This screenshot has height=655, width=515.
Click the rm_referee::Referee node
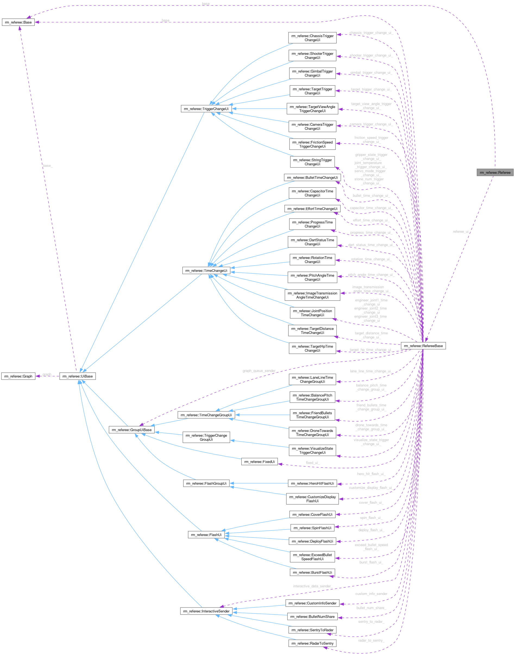coord(495,172)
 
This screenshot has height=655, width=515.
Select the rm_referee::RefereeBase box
coord(423,346)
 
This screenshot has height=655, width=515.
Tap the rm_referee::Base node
coord(18,22)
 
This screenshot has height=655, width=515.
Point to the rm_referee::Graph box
coord(18,376)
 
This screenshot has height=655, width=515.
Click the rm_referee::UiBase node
coord(77,376)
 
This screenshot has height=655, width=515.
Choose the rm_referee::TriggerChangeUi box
coord(206,109)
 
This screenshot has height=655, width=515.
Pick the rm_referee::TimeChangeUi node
coord(206,271)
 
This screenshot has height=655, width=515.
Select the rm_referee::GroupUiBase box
coord(132,430)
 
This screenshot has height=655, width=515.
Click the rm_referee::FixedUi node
coord(259,461)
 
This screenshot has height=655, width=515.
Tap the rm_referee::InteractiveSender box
coord(206,611)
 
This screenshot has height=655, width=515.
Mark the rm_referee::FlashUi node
coord(206,535)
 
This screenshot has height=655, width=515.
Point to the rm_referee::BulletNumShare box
coord(312,616)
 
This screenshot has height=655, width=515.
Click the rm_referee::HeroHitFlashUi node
coord(312,483)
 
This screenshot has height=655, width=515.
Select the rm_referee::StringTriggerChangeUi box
coord(312,162)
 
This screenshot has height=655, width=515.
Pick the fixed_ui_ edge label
coord(313,463)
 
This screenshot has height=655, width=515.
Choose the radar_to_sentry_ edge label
coord(371,640)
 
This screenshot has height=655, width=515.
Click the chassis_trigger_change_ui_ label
coord(371,33)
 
